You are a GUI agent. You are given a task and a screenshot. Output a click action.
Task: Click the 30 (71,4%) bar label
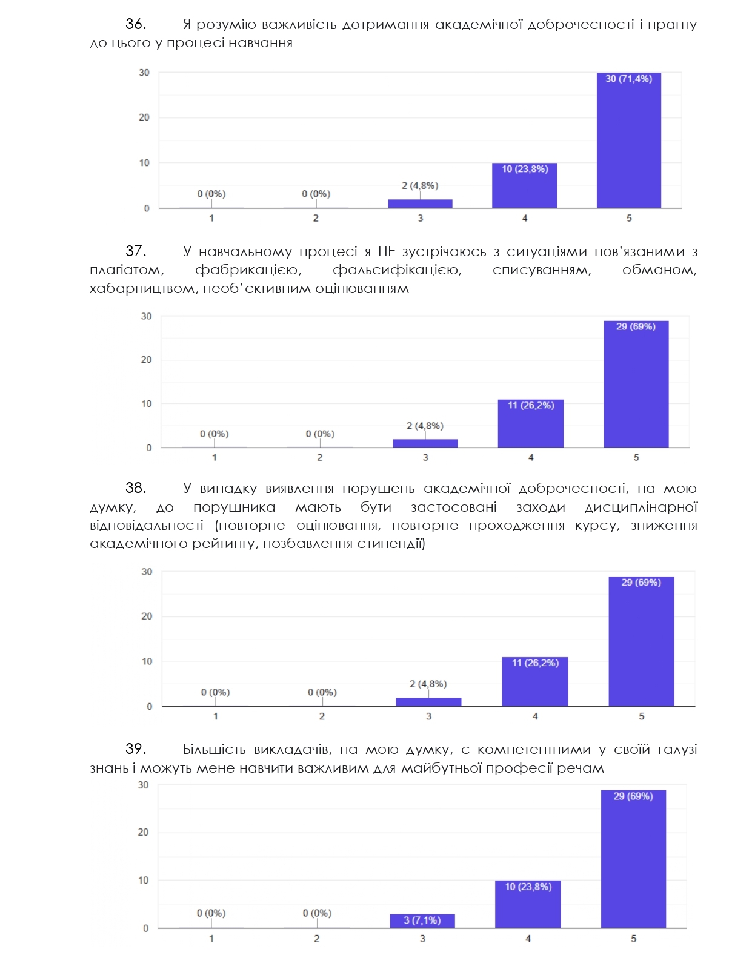click(x=628, y=79)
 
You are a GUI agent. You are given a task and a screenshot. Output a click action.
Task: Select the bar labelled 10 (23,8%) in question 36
click(x=524, y=185)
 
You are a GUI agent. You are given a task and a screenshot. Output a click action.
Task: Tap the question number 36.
click(x=136, y=24)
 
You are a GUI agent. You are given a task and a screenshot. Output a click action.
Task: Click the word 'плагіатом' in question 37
click(x=127, y=270)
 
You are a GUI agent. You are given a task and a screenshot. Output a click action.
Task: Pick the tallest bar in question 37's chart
click(x=636, y=384)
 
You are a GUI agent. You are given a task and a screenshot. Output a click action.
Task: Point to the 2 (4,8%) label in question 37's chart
click(x=425, y=426)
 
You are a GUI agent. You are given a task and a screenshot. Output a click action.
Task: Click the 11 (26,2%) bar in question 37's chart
click(x=530, y=423)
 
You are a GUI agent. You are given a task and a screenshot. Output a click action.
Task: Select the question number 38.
click(x=136, y=488)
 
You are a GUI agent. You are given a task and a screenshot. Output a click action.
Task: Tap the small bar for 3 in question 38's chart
click(x=428, y=702)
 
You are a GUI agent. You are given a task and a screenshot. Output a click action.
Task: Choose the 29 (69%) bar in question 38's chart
click(x=641, y=641)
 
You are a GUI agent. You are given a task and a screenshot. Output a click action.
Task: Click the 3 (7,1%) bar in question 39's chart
click(x=422, y=920)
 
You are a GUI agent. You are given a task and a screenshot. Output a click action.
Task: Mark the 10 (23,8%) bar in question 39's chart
click(x=528, y=904)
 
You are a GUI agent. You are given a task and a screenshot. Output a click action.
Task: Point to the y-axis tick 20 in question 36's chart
click(x=144, y=117)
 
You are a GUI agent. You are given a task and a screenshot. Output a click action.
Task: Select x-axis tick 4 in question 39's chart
click(x=528, y=939)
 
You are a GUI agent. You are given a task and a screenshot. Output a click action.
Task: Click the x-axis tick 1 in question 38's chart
click(x=216, y=716)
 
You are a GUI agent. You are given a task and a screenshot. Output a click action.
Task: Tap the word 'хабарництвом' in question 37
click(x=144, y=288)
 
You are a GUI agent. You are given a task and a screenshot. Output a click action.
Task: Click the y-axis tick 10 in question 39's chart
click(x=143, y=880)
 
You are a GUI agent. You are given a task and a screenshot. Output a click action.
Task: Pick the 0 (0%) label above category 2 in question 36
click(x=316, y=194)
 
